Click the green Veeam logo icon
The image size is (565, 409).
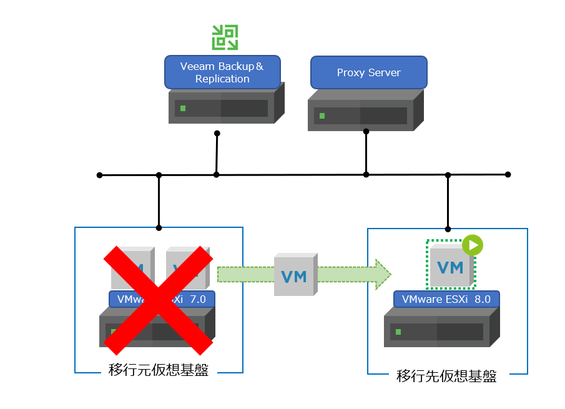(224, 37)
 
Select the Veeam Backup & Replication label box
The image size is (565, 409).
(222, 72)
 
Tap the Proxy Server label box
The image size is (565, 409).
(368, 72)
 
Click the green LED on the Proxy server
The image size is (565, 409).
(322, 116)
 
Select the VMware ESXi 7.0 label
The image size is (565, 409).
(161, 299)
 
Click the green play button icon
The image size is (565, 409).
(473, 245)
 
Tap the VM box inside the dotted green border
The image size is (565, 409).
(450, 267)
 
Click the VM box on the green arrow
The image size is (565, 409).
(294, 275)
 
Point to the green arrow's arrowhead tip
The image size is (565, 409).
(390, 275)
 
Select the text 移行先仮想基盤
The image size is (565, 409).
(447, 377)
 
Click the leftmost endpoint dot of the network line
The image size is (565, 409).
(100, 175)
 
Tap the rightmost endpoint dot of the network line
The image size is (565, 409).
(508, 174)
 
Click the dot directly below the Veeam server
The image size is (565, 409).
(217, 133)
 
